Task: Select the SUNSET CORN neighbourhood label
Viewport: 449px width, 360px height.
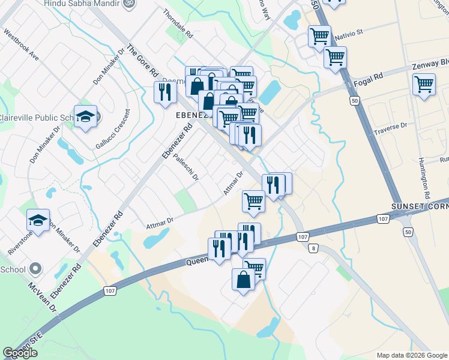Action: point(420,206)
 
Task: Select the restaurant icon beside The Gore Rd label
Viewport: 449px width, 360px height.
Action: point(164,92)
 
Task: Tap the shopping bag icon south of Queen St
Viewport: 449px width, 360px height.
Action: point(244,279)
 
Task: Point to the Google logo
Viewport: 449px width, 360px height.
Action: point(20,353)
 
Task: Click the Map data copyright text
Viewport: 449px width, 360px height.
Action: point(411,355)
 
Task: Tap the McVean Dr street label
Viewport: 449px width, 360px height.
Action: point(44,298)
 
